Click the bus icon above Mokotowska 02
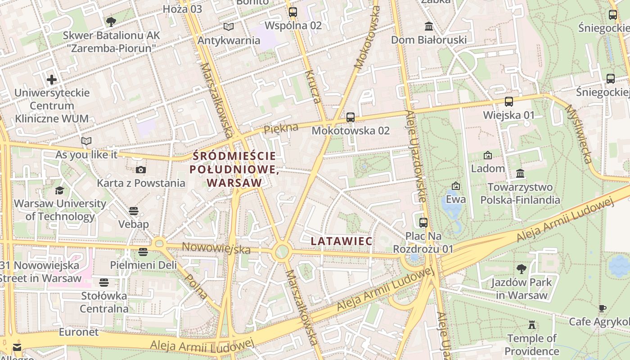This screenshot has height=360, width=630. pyautogui.click(x=351, y=117)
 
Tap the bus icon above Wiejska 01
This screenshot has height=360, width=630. pyautogui.click(x=508, y=102)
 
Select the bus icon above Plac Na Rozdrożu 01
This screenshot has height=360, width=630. pyautogui.click(x=423, y=222)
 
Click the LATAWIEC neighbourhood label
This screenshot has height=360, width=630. pyautogui.click(x=342, y=241)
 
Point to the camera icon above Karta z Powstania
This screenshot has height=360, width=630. pyautogui.click(x=141, y=170)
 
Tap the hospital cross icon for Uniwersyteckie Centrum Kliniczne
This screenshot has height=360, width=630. pyautogui.click(x=52, y=80)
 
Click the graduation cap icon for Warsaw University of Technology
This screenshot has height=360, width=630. pyautogui.click(x=59, y=190)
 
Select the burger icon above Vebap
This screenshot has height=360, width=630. pyautogui.click(x=134, y=211)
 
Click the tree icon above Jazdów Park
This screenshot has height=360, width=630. pyautogui.click(x=521, y=269)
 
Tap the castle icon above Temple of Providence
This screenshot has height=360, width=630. pyautogui.click(x=532, y=324)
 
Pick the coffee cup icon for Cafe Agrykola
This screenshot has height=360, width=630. pyautogui.click(x=602, y=308)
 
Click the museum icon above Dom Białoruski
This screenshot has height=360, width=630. pyautogui.click(x=428, y=26)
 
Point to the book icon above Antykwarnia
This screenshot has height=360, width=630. pyautogui.click(x=229, y=27)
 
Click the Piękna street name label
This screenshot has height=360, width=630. pyautogui.click(x=281, y=129)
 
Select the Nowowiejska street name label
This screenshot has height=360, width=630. pyautogui.click(x=216, y=247)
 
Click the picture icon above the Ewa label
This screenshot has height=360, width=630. pyautogui.click(x=455, y=185)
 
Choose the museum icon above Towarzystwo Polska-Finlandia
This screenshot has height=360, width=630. pyautogui.click(x=520, y=173)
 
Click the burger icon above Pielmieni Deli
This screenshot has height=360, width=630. pyautogui.click(x=143, y=252)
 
